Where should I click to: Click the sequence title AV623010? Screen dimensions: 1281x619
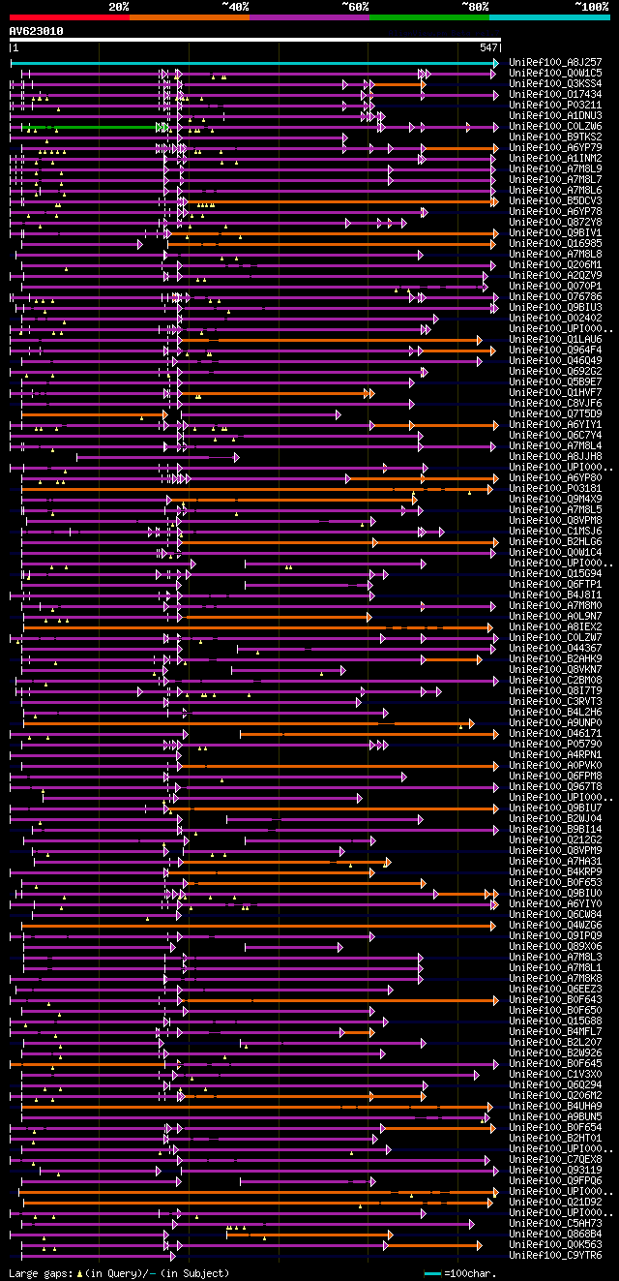point(37,31)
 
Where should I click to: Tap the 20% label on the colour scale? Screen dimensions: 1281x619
point(119,7)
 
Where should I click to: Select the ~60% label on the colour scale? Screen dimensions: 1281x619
point(355,7)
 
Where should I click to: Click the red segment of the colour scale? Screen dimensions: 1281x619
point(69,17)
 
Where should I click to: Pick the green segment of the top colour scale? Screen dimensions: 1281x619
point(428,17)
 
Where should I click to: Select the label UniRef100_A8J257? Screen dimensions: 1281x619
point(555,62)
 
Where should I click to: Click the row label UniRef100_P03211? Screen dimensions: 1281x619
point(555,105)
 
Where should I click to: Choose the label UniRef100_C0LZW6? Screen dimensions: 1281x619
point(555,126)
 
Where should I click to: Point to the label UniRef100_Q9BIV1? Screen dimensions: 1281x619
point(555,232)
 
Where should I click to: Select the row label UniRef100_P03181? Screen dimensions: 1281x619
point(555,488)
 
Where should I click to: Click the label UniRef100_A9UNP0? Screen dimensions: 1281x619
point(555,722)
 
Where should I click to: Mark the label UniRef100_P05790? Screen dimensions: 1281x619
point(555,744)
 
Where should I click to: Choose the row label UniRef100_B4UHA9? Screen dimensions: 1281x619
point(555,1106)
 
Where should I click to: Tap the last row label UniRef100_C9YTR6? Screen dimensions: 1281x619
point(555,1255)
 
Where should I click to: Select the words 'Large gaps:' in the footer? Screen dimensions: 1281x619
point(40,1273)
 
